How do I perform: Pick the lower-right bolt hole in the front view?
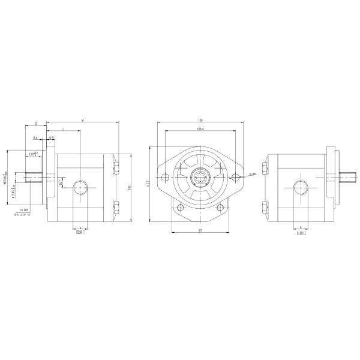click(221, 208)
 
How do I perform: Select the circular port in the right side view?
click(301, 188)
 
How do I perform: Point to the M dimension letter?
click(82, 121)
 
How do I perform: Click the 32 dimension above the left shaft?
click(36, 124)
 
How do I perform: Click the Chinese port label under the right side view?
click(301, 234)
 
